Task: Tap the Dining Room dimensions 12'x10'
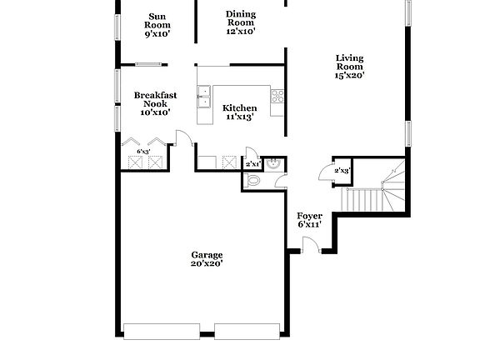pyautogui.click(x=241, y=31)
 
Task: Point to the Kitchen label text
pyautogui.click(x=239, y=108)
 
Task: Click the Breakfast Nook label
pyautogui.click(x=155, y=99)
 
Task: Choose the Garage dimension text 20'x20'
pyautogui.click(x=207, y=263)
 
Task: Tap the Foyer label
pyautogui.click(x=310, y=216)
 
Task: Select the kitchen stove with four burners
pyautogui.click(x=277, y=97)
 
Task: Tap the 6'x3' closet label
pyautogui.click(x=144, y=152)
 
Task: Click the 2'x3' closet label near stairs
pyautogui.click(x=342, y=171)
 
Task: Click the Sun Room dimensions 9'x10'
pyautogui.click(x=157, y=34)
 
